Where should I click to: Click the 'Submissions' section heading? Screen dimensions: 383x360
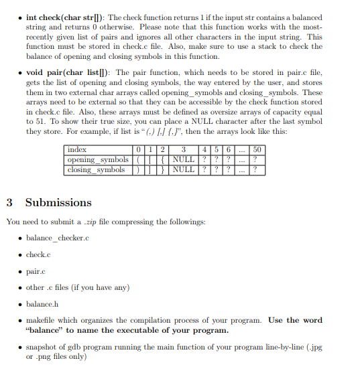tap(58, 202)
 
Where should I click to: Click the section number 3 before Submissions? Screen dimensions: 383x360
tap(9, 202)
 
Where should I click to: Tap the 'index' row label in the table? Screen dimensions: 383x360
tap(77, 150)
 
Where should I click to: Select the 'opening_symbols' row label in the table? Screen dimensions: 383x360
tap(98, 159)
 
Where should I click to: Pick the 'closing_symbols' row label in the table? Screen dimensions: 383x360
tap(96, 169)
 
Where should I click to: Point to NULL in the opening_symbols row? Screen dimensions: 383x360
tap(184, 159)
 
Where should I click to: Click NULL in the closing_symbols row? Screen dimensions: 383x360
tap(184, 169)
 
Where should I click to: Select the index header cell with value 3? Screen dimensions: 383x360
tap(183, 150)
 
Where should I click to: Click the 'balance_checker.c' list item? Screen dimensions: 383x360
tap(58, 238)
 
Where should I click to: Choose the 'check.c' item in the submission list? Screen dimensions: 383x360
tap(38, 254)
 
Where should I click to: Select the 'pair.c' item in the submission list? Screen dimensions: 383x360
tap(36, 271)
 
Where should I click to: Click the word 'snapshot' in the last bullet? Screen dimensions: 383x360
tap(43, 347)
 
